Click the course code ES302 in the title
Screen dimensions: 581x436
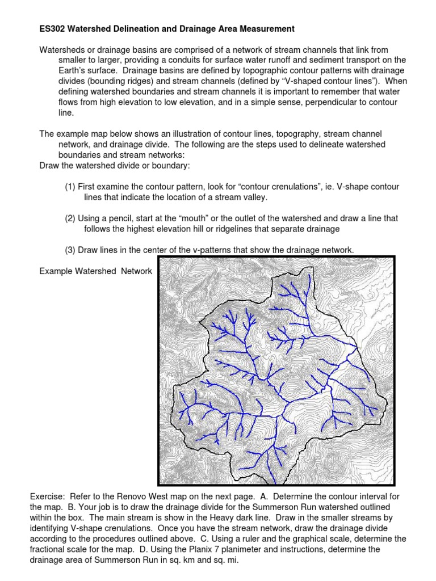coord(53,28)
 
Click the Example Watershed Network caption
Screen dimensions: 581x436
coord(95,271)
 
